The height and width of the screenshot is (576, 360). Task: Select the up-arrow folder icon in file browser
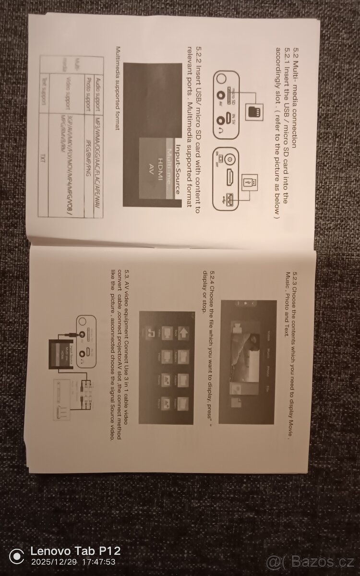point(184,332)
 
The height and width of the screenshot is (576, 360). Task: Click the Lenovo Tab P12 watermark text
point(76,551)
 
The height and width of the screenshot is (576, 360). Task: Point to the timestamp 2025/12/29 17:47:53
point(73,562)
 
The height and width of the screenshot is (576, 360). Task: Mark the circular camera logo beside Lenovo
point(16,557)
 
